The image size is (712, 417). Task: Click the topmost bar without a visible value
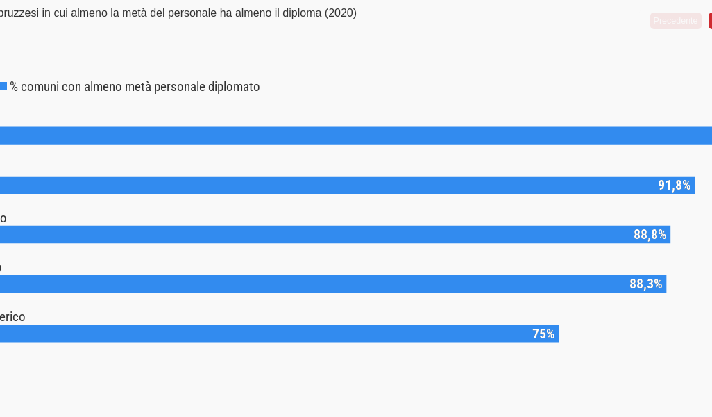point(347,136)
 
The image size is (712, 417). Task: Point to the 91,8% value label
point(674,185)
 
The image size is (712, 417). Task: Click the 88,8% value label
point(650,234)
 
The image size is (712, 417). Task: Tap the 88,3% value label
point(645,284)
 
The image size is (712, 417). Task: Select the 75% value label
point(543,334)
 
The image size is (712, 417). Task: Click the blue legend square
point(3,86)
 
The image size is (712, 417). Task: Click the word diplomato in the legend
point(234,87)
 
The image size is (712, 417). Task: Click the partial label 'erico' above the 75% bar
point(12,317)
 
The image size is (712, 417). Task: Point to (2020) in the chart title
point(340,13)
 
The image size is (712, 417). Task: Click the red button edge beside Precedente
point(710,21)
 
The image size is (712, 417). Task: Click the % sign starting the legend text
point(14,87)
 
